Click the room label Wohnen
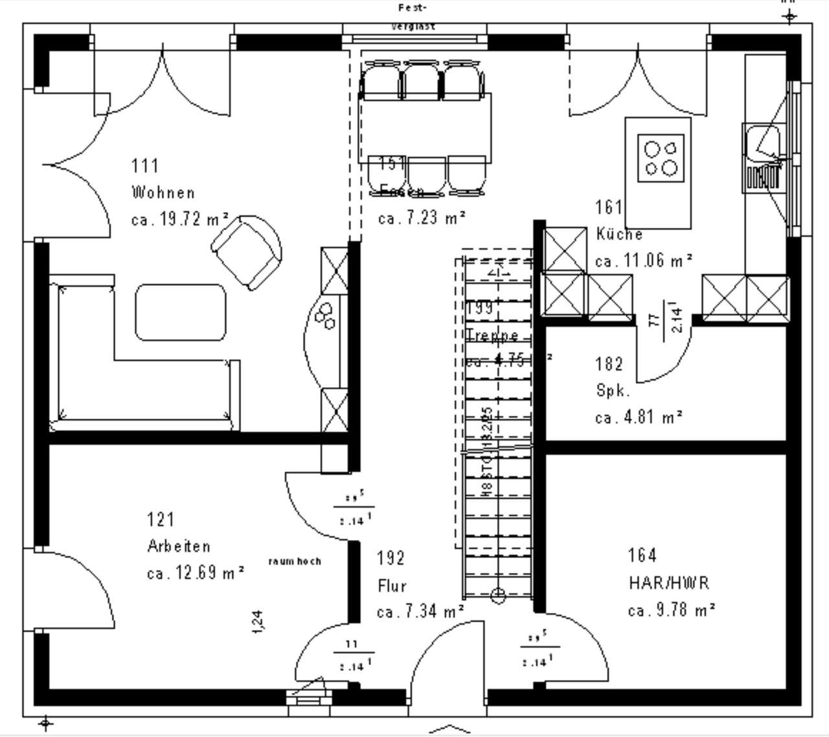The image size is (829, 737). pyautogui.click(x=163, y=193)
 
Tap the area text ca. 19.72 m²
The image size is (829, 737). pyautogui.click(x=179, y=219)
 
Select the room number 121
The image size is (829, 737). pyautogui.click(x=161, y=519)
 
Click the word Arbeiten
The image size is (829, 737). pyautogui.click(x=179, y=546)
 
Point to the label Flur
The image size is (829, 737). pyautogui.click(x=392, y=586)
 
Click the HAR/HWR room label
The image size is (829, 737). pyautogui.click(x=668, y=583)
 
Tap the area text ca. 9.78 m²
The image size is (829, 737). pyautogui.click(x=671, y=610)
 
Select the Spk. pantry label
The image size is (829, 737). pyautogui.click(x=612, y=391)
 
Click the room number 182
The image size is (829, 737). pyautogui.click(x=609, y=364)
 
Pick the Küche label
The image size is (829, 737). pyautogui.click(x=619, y=234)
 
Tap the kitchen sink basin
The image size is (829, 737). pyautogui.click(x=762, y=143)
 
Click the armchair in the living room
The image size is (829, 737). pyautogui.click(x=247, y=253)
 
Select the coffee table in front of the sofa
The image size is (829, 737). pyautogui.click(x=181, y=312)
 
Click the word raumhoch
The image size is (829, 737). pyautogui.click(x=295, y=561)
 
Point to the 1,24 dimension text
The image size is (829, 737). pyautogui.click(x=258, y=621)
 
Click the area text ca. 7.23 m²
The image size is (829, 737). pyautogui.click(x=422, y=218)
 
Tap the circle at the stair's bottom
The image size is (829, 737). pyautogui.click(x=497, y=595)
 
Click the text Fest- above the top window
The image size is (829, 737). pyautogui.click(x=413, y=8)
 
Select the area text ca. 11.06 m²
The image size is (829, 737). pyautogui.click(x=644, y=261)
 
